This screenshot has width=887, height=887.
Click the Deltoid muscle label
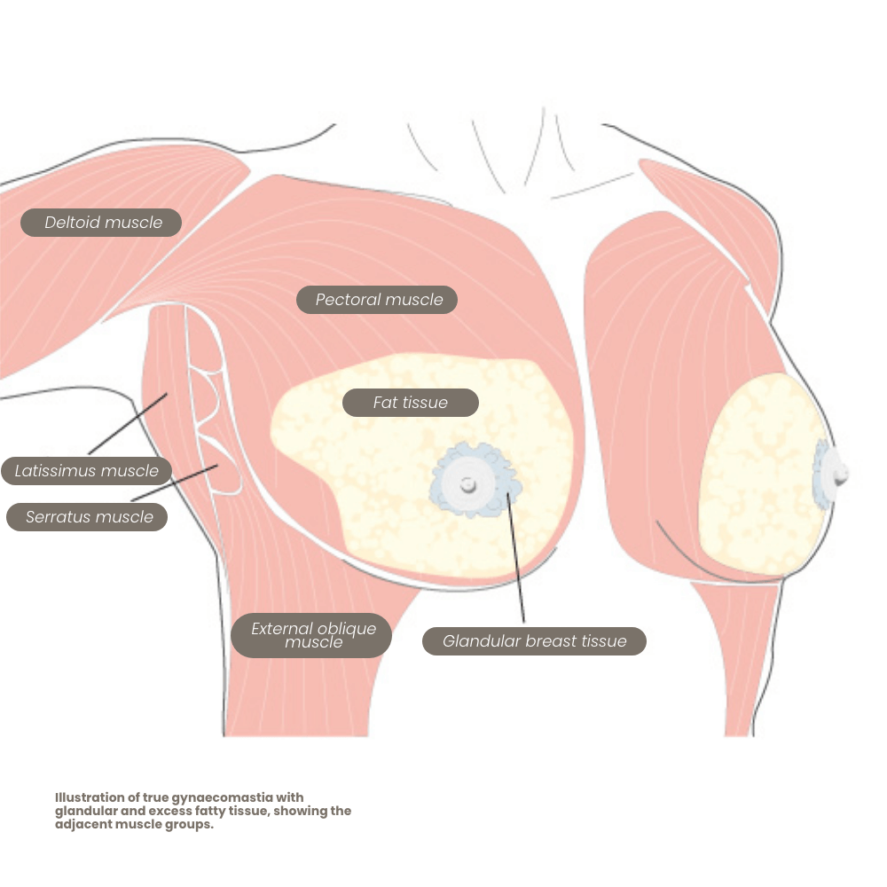pos(103,223)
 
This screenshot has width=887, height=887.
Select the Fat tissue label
pos(410,403)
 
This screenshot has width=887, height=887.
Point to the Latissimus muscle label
pos(86,471)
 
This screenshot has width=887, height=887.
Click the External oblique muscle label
pos(312,635)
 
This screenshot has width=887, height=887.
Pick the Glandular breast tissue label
pos(534,641)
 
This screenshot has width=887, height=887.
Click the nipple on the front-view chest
pos(467,484)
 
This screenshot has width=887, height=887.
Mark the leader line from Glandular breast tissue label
pos(516,559)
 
